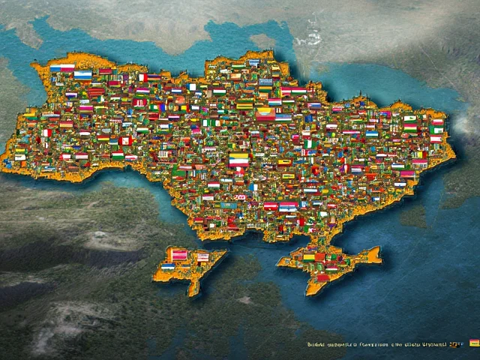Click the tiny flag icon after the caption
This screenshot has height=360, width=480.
click(474, 343)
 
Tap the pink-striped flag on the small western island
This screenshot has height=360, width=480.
click(178, 254)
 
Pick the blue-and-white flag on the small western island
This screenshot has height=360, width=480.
click(168, 267)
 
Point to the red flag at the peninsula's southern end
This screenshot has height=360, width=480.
click(322, 277)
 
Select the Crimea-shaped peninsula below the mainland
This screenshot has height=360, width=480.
click(330, 262)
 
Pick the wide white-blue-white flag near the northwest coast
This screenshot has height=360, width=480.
click(82, 75)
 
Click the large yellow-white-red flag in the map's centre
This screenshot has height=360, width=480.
click(238, 160)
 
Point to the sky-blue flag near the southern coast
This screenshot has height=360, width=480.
click(229, 205)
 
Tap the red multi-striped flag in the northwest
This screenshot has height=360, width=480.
click(96, 92)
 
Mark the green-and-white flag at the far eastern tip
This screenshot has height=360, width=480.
click(436, 130)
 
